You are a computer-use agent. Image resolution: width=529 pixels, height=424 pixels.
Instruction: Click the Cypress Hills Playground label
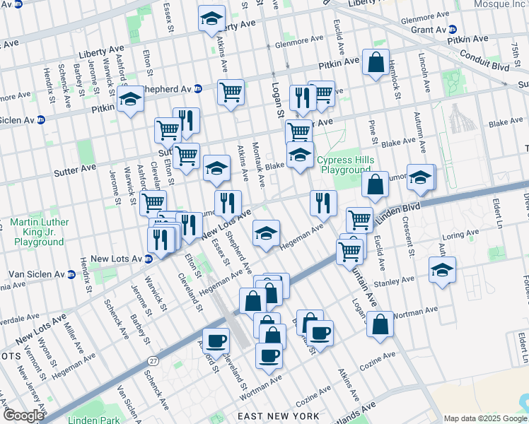(345, 165)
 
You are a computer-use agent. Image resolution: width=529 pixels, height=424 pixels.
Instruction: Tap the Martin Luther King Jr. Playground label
(40, 232)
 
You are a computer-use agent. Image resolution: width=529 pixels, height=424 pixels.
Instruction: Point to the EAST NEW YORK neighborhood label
(279, 416)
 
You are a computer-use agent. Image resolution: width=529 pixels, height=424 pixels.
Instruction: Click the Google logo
(23, 416)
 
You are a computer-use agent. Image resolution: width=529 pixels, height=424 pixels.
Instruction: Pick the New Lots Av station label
(117, 259)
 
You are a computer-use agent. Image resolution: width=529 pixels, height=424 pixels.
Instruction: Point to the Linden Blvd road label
(400, 211)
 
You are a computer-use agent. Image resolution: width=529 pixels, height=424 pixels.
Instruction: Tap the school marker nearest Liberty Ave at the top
(211, 20)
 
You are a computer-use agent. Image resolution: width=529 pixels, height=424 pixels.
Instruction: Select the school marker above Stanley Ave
(442, 270)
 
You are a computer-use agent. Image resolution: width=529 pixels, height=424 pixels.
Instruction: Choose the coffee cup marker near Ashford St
(216, 341)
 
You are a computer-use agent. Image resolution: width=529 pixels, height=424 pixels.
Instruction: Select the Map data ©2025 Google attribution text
(485, 418)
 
